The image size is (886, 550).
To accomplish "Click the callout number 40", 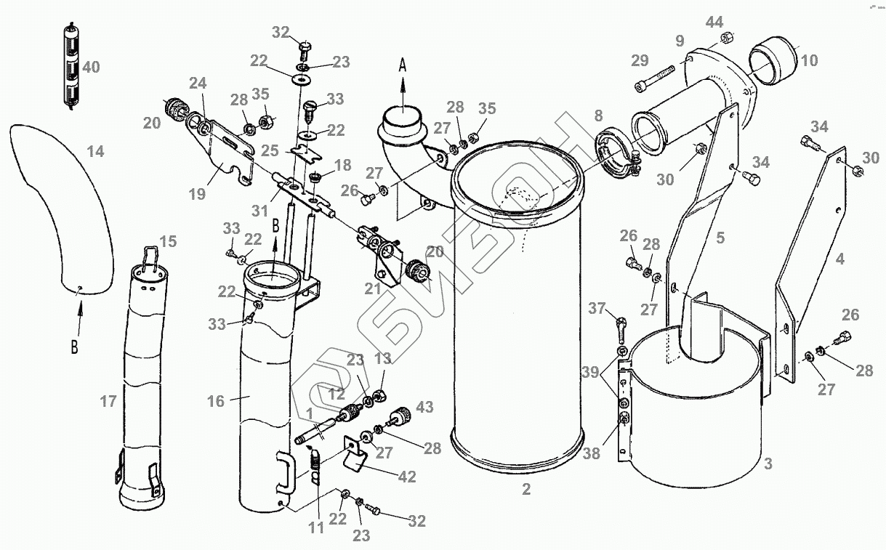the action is point(91,68).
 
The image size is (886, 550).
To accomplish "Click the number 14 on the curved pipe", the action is point(95,151).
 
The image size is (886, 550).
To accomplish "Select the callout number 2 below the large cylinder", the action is point(526,490).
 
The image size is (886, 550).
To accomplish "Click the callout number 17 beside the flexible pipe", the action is point(108,401).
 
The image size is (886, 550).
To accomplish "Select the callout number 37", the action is point(597,309).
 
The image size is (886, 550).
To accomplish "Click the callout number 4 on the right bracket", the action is point(840,259).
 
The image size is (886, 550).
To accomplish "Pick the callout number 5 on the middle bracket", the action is point(720,237).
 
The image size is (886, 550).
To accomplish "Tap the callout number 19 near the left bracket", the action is point(196,194).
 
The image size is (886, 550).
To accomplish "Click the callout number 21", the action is point(372,288).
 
